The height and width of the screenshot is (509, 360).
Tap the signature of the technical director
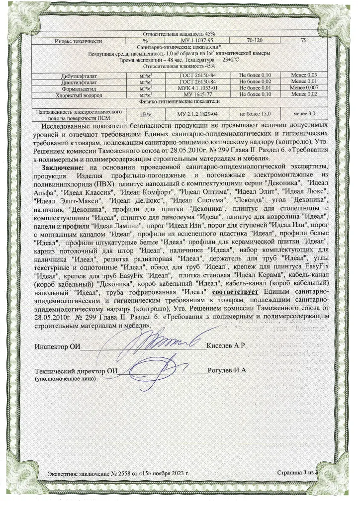159,370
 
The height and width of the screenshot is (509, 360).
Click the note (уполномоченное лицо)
66,379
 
